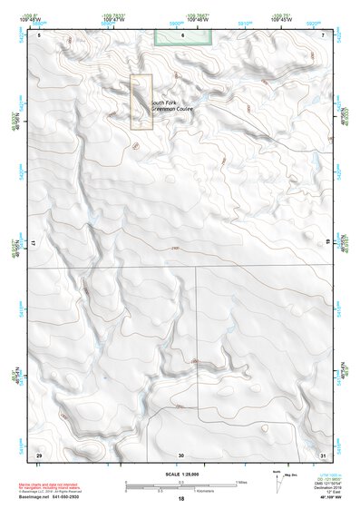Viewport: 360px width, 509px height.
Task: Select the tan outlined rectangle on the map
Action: [x=141, y=101]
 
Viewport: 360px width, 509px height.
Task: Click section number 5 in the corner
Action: [x=40, y=34]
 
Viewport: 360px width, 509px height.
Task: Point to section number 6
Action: [x=182, y=34]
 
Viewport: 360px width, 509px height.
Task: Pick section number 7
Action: [x=324, y=34]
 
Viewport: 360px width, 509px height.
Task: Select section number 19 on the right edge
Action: [x=326, y=244]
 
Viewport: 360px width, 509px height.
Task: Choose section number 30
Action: [x=181, y=455]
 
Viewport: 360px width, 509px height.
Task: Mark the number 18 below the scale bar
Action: [x=181, y=499]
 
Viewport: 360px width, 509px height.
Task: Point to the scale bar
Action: [x=180, y=484]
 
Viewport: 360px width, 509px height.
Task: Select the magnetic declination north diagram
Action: [x=277, y=478]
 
